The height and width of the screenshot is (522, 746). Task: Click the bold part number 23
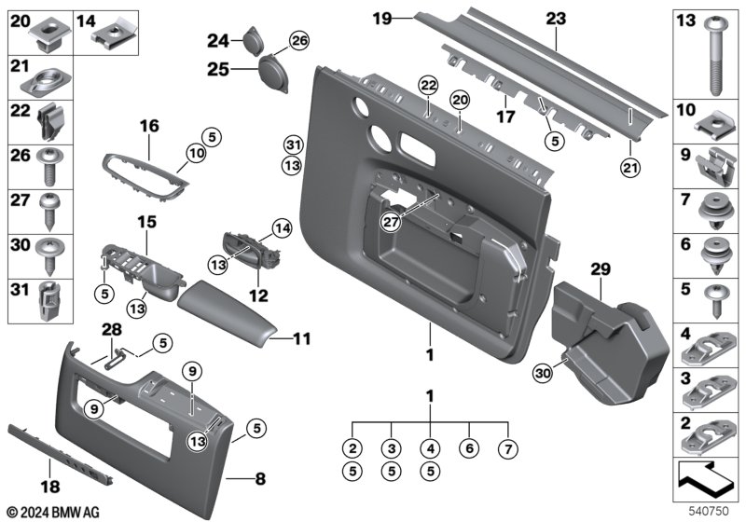[x=556, y=19]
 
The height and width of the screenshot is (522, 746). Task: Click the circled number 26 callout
[x=297, y=39]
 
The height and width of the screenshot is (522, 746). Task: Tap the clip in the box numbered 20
[x=46, y=36]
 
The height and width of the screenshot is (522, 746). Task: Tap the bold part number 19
[x=380, y=18]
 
